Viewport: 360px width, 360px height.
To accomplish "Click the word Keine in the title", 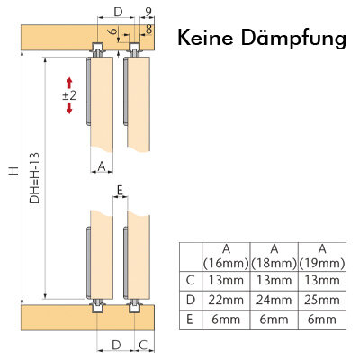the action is (x=205, y=38).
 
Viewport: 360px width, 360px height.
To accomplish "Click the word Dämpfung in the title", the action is (x=293, y=39).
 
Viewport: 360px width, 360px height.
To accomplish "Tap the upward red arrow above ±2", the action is (x=69, y=83).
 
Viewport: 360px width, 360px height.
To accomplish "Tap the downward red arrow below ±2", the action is (x=69, y=108).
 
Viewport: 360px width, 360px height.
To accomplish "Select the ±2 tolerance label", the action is (x=69, y=95).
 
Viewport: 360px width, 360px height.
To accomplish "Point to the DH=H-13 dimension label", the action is (x=35, y=178).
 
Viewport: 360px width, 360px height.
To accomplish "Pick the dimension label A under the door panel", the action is (x=102, y=166).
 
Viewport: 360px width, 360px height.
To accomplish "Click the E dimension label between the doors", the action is (x=120, y=190).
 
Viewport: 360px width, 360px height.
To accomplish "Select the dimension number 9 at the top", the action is (x=148, y=12).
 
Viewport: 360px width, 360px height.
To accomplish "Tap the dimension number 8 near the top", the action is (x=148, y=30).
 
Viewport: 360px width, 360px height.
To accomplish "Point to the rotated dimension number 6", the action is (x=112, y=31).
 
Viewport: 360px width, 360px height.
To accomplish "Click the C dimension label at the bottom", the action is (x=143, y=345).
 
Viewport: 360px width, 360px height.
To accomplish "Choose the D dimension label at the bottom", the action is (x=116, y=345).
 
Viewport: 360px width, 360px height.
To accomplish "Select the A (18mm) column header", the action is (x=274, y=256).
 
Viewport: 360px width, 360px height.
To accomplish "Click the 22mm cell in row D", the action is (x=226, y=300).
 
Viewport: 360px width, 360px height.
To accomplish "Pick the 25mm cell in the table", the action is (x=322, y=300).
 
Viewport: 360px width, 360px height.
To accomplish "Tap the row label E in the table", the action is (x=190, y=319).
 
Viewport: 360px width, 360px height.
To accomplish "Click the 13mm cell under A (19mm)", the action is (x=322, y=281).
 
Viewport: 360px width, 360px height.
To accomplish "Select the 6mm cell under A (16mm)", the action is (x=226, y=319).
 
